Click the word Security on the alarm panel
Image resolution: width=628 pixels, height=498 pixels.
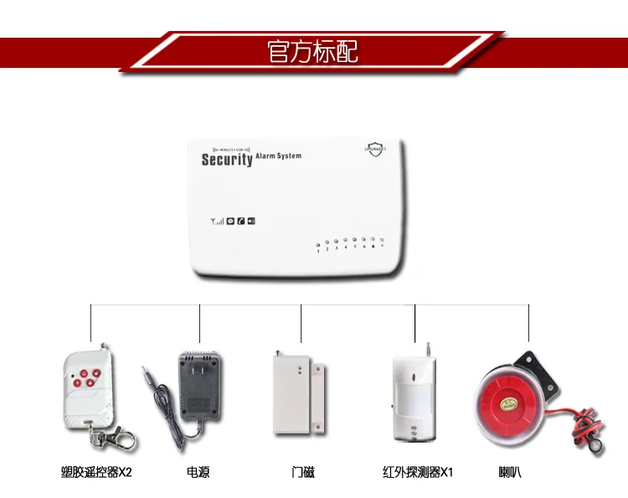226,158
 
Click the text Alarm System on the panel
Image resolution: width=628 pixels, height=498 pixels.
278,155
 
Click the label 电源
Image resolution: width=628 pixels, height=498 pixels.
198,472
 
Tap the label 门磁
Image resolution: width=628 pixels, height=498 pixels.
303,472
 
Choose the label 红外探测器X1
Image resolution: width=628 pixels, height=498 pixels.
417,472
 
